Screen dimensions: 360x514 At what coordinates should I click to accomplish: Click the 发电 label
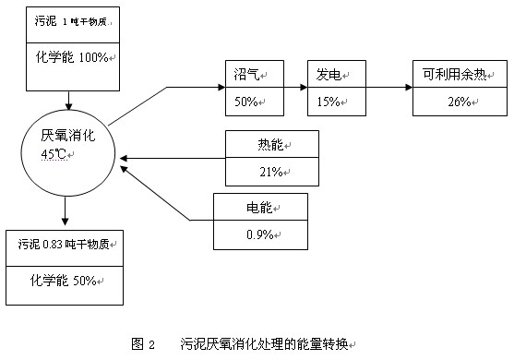pyautogui.click(x=329, y=74)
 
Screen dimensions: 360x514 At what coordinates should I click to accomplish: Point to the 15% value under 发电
pyautogui.click(x=330, y=101)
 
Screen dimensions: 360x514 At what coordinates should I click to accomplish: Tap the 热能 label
pyautogui.click(x=271, y=145)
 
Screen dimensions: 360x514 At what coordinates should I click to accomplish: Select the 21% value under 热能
pyautogui.click(x=271, y=171)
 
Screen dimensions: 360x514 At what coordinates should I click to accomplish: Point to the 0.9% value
pyautogui.click(x=259, y=234)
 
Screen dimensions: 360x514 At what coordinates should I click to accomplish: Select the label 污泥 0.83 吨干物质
pyautogui.click(x=65, y=244)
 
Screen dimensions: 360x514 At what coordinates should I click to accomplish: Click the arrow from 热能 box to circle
pyautogui.click(x=172, y=159)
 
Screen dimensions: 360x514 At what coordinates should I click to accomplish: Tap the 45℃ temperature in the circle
pyautogui.click(x=54, y=154)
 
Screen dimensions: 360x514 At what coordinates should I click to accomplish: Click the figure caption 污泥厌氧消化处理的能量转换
pyautogui.click(x=266, y=344)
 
